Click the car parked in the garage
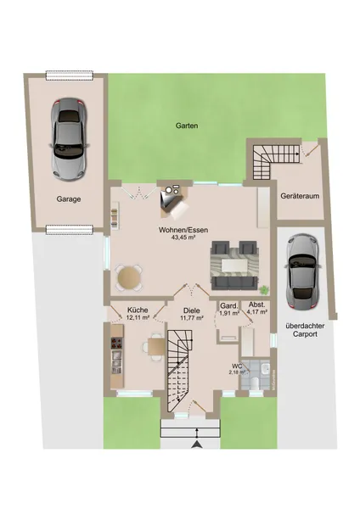point(68,139)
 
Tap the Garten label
point(187,126)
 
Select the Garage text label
point(69,199)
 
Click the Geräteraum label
point(300,196)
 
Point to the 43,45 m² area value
point(183,238)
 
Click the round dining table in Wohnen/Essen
point(129,277)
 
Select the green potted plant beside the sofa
point(265,289)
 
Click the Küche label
point(138,310)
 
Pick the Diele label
point(191,310)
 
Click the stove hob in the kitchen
point(117,343)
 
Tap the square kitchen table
point(156,347)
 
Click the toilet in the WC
point(255,383)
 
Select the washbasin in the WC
point(266,368)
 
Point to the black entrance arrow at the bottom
point(197,445)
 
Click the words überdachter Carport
point(305,330)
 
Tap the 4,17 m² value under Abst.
point(257,311)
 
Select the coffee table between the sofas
point(235,266)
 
